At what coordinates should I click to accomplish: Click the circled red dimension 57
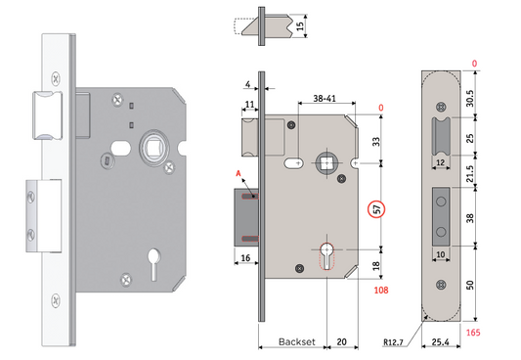click(375, 208)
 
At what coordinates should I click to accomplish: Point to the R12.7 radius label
click(397, 343)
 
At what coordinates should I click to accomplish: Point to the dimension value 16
click(245, 257)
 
